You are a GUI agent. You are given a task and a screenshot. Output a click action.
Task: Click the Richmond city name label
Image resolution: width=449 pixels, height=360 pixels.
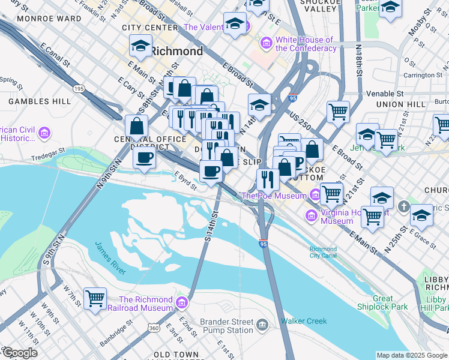coord(176,51)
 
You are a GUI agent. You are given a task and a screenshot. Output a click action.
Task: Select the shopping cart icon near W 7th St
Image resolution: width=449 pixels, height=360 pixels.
coord(95,298)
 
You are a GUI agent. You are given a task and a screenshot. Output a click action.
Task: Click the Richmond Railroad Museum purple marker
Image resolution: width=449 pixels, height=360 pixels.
coord(182,301)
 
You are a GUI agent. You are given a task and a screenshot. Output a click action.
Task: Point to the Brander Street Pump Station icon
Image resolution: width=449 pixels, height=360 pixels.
coord(262,325)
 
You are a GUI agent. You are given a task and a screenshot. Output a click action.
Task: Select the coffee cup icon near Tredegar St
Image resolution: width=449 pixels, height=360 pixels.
coord(143,158)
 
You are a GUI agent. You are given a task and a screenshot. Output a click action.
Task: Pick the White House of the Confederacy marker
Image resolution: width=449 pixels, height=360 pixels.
coord(266,44)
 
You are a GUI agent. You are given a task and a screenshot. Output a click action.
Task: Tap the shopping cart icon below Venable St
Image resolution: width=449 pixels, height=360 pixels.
coord(339,111)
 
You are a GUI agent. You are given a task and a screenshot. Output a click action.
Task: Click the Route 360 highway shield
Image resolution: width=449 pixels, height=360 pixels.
coord(154,328)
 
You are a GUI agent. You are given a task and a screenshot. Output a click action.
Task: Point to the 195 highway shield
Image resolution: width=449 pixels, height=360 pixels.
coord(79,88)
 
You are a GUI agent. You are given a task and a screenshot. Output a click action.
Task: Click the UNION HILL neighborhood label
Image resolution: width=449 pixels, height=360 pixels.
coord(396,104)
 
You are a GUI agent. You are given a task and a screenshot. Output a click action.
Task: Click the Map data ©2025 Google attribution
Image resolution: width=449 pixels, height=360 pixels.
coord(411,355)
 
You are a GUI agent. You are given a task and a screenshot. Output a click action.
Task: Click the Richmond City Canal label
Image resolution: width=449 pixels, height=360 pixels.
coord(323,253)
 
